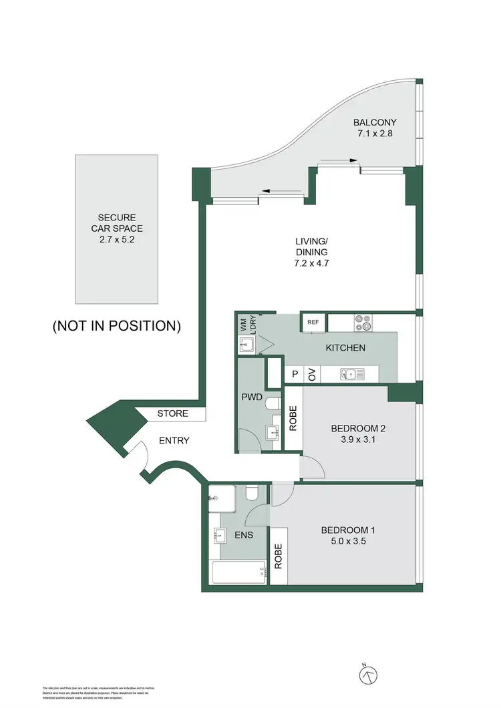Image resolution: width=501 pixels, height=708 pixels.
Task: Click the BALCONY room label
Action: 375,122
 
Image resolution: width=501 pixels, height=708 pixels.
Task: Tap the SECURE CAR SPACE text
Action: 117,218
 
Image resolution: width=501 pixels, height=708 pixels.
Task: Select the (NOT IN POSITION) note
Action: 117,326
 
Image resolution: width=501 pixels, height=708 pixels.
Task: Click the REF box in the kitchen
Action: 313,322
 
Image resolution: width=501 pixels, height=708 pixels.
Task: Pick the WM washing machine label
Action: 242,325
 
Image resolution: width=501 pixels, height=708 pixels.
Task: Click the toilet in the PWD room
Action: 272,404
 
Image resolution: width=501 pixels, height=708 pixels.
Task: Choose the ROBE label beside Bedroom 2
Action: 293,418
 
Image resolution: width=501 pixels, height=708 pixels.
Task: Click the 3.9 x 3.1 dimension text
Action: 354,439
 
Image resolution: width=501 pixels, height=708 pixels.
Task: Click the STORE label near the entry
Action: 172,413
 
